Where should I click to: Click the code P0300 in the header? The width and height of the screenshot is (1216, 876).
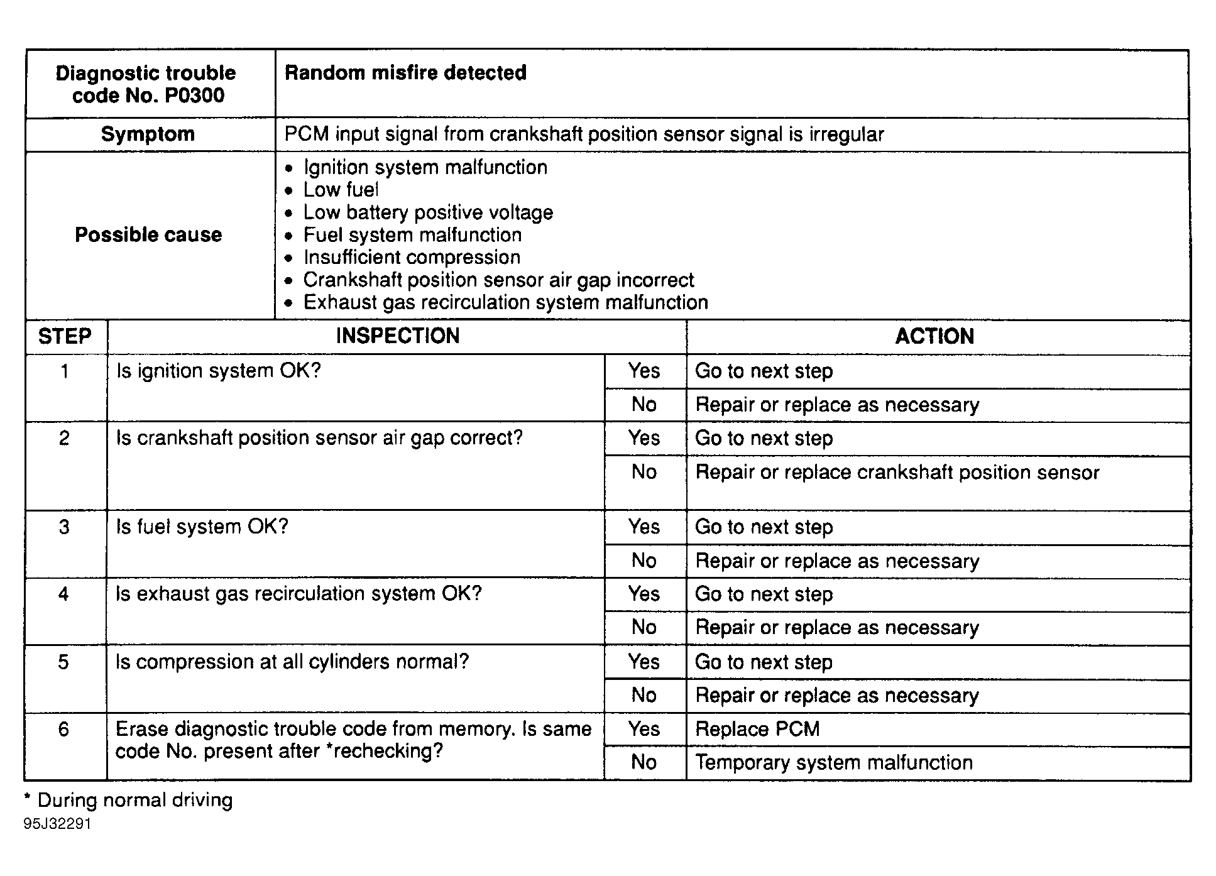point(195,96)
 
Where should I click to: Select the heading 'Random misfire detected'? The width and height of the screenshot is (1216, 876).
point(405,73)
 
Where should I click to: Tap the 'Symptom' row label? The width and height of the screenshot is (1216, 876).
point(148,134)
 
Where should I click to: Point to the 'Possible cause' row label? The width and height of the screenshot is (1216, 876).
point(148,235)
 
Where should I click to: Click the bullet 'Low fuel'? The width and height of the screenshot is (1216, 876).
point(341,190)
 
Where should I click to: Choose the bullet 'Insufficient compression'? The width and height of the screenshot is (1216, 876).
point(412,258)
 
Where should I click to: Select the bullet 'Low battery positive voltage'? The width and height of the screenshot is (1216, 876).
point(428,212)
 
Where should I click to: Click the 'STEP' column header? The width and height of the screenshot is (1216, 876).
point(65,337)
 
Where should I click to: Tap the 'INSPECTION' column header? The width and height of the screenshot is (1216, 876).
point(397,336)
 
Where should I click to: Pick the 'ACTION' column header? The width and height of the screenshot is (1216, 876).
point(934,337)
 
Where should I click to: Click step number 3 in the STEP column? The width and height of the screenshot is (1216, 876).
point(64,527)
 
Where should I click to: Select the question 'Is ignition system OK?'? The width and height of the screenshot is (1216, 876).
point(219,371)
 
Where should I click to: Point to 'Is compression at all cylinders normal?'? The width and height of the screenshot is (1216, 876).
point(292,662)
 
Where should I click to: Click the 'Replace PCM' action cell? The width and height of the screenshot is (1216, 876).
point(757,729)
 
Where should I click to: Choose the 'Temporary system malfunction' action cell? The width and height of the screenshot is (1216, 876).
point(833,763)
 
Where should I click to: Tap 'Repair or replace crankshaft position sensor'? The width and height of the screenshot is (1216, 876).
point(897,473)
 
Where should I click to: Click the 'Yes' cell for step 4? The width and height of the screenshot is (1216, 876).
point(644,594)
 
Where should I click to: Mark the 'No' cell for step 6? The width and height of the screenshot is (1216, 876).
point(644,763)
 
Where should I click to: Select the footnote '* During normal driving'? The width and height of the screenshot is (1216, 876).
point(129,800)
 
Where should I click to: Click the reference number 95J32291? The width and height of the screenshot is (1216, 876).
point(58,824)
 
